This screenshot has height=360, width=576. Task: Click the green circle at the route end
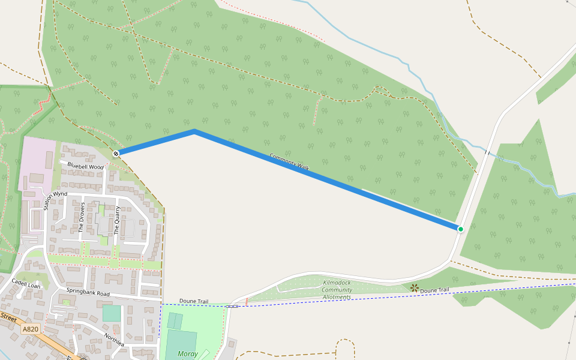[461, 229]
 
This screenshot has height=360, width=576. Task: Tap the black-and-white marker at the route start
[116, 154]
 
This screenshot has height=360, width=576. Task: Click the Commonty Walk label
[289, 162]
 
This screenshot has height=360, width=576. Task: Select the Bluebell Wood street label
[86, 166]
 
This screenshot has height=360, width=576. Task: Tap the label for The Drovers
[83, 217]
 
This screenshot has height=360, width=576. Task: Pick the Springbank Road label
[88, 294]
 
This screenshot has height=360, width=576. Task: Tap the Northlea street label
[114, 340]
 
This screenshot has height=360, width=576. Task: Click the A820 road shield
[31, 329]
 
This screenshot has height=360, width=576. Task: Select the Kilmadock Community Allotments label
[337, 290]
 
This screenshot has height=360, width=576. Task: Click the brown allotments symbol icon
[414, 288]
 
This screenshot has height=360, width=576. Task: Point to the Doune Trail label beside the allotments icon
[434, 290]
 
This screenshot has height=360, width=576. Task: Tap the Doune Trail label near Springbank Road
[194, 301]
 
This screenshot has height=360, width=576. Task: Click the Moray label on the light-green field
[188, 354]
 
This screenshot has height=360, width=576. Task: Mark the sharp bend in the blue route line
[194, 130]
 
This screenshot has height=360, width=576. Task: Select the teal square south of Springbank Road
[111, 313]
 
